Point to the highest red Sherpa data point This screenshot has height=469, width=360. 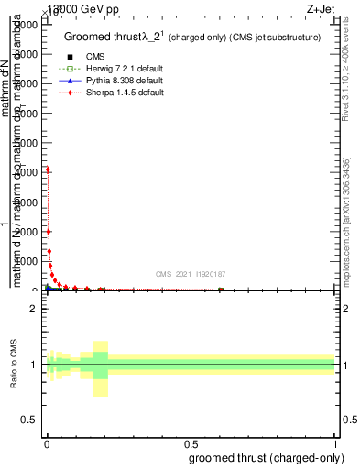(x=48, y=169)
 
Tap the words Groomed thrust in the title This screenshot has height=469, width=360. (x=101, y=38)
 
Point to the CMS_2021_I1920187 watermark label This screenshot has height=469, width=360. (x=191, y=275)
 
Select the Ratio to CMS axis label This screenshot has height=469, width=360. (x=16, y=365)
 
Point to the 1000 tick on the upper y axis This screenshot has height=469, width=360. (x=27, y=260)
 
